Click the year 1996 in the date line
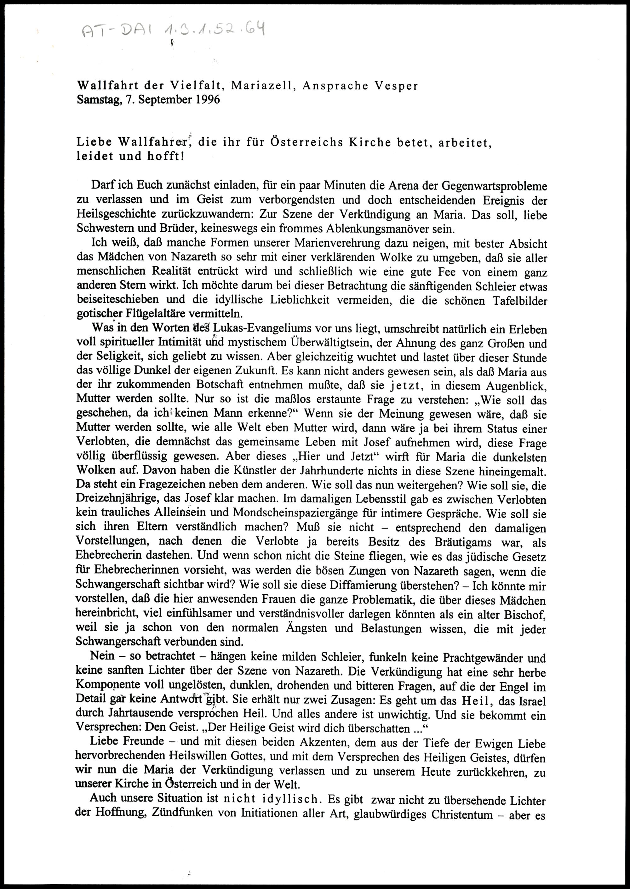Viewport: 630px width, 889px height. click(208, 100)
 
